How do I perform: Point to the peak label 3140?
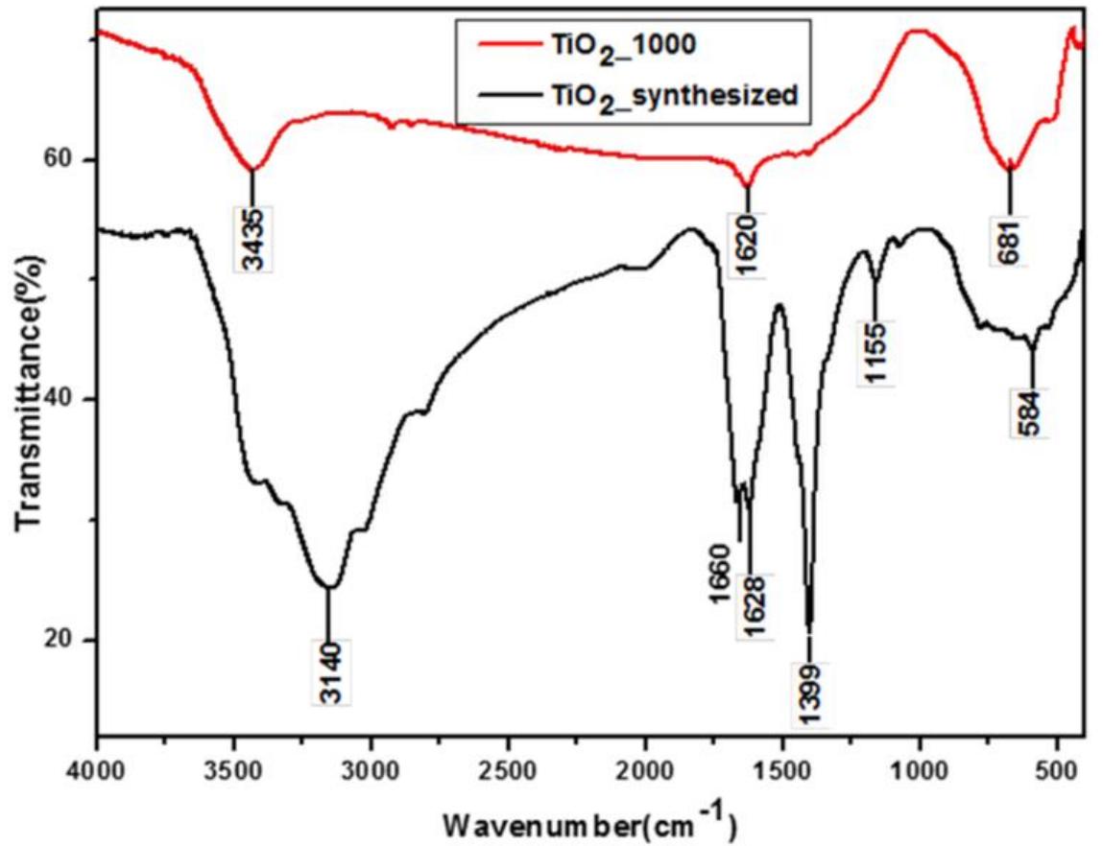point(329,672)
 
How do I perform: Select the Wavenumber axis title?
point(589,821)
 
